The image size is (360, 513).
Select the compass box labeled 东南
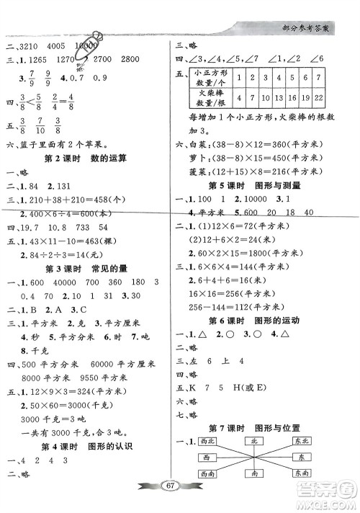[302, 473]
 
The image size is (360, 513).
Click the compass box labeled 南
[256, 473]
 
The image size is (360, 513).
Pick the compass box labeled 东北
[302, 441]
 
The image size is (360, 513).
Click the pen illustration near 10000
[94, 43]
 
